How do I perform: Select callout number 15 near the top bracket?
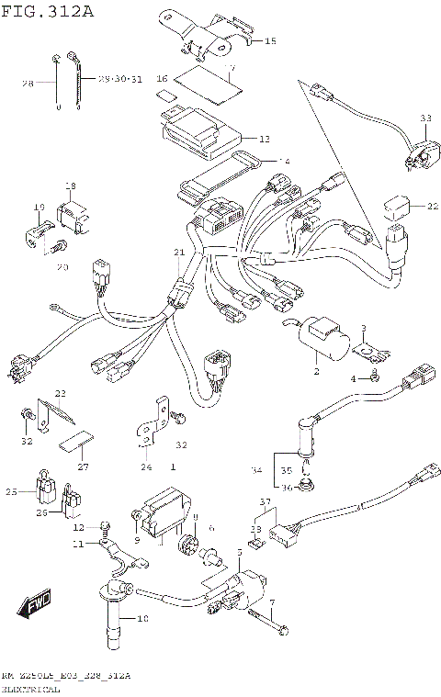pyautogui.click(x=269, y=41)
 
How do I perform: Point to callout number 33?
pyautogui.click(x=424, y=118)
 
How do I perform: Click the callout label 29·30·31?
pyautogui.click(x=121, y=80)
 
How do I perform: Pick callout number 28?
pyautogui.click(x=28, y=84)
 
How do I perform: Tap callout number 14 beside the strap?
pyautogui.click(x=284, y=161)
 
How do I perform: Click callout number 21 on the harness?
pyautogui.click(x=179, y=252)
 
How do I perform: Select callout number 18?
pyautogui.click(x=69, y=186)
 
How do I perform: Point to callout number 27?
pyautogui.click(x=84, y=467)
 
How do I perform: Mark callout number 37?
pyautogui.click(x=264, y=501)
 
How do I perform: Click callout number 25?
pyautogui.click(x=11, y=492)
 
